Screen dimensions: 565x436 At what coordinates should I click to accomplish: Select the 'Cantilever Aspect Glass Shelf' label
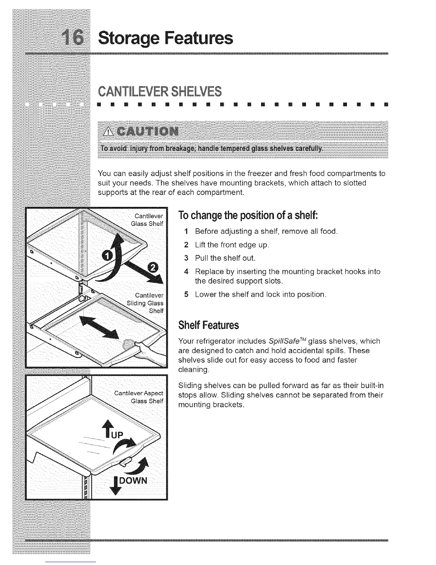tap(139, 397)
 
